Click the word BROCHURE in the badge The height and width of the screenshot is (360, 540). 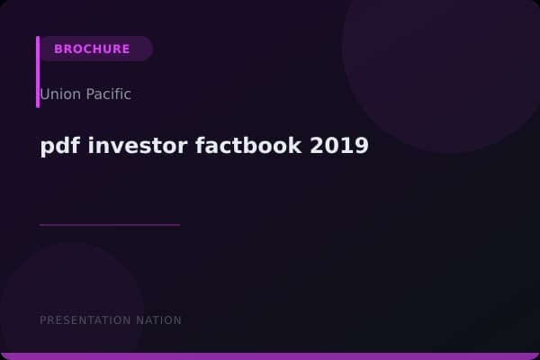(92, 49)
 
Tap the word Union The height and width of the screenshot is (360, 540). (58, 94)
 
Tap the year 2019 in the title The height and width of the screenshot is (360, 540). (339, 146)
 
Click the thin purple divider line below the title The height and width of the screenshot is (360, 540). (110, 224)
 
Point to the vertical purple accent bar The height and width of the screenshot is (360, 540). (38, 72)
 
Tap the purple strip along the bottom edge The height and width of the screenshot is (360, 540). (270, 356)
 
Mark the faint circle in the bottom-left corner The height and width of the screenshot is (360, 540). (63, 306)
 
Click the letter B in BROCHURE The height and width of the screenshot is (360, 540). (58, 49)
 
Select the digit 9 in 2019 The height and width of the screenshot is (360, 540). (362, 146)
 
